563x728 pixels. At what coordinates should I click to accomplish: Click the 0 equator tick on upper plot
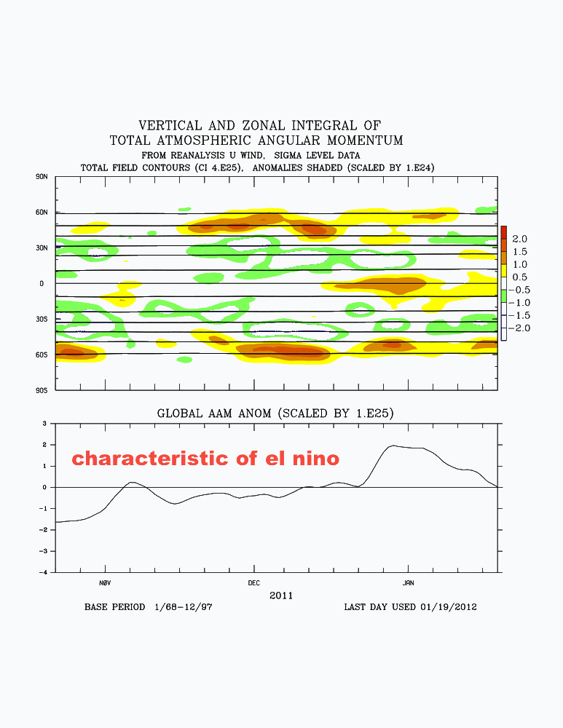pyautogui.click(x=42, y=284)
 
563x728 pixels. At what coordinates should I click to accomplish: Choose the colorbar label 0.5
pyautogui.click(x=519, y=277)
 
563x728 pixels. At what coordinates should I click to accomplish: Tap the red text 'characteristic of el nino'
pyautogui.click(x=205, y=459)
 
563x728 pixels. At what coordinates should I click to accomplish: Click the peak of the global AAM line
pyautogui.click(x=393, y=446)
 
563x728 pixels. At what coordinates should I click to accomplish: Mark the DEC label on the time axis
pyautogui.click(x=253, y=583)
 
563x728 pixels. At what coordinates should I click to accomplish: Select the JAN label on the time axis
pyautogui.click(x=408, y=583)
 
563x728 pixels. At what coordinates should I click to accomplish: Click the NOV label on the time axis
pyautogui.click(x=104, y=583)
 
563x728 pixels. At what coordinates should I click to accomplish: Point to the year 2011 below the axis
pyautogui.click(x=281, y=595)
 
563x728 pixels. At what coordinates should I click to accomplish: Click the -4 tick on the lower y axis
pyautogui.click(x=44, y=572)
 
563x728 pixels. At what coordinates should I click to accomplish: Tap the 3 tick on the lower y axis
pyautogui.click(x=45, y=423)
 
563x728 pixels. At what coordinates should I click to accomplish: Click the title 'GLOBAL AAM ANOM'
pyautogui.click(x=218, y=413)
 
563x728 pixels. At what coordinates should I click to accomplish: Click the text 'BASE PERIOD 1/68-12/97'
pyautogui.click(x=148, y=606)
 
